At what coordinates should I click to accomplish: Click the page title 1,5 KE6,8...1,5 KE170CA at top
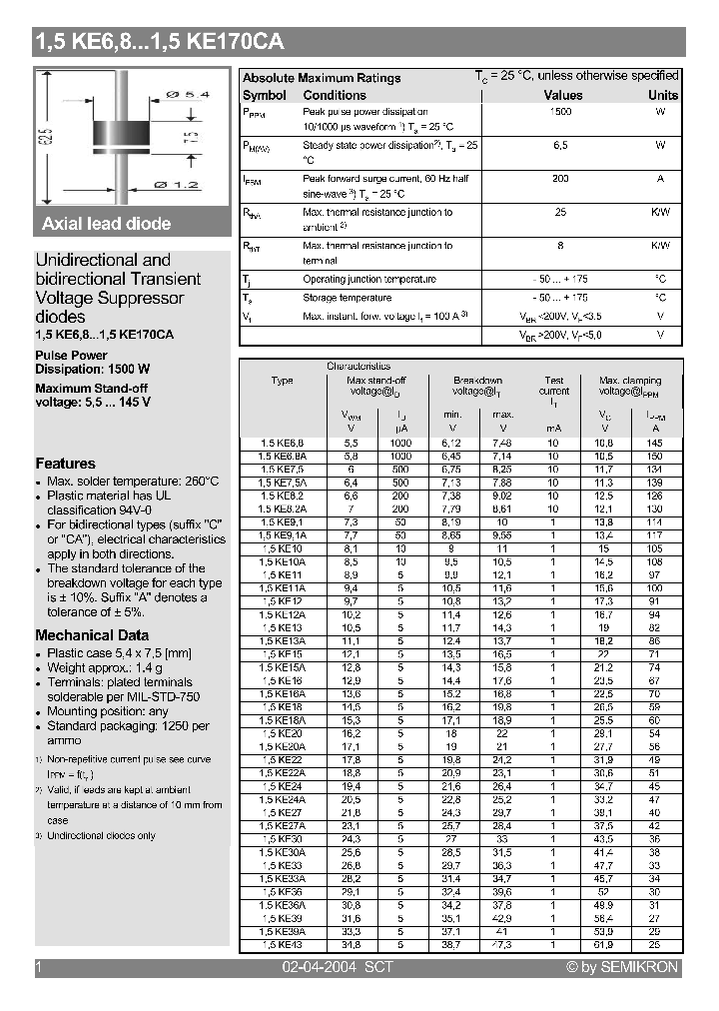160,42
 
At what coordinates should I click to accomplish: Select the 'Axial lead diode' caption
107,224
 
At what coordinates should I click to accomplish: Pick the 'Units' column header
662,96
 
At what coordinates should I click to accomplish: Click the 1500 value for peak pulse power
561,112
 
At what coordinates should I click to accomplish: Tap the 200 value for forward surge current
561,178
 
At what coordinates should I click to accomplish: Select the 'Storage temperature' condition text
348,298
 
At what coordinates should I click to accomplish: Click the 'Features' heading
66,464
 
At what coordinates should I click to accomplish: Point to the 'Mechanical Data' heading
92,635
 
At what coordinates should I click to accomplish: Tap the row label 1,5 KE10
283,548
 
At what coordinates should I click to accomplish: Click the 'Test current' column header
554,386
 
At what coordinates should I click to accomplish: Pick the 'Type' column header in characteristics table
283,381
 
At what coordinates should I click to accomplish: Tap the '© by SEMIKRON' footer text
622,967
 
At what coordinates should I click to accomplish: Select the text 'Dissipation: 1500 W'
92,368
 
